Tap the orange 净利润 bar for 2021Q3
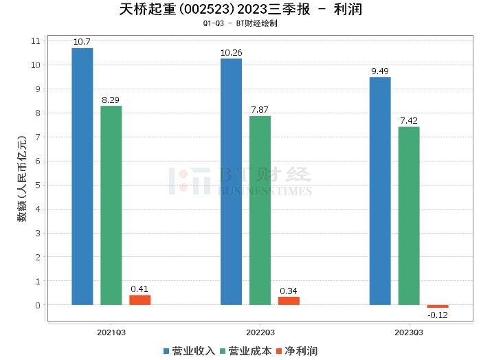[139, 300]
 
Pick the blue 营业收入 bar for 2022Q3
[231, 181]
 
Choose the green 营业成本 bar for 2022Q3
[260, 210]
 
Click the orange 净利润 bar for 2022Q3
[289, 300]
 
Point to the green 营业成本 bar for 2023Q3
[409, 216]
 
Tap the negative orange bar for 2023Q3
[437, 306]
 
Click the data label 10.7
[82, 42]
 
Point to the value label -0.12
[437, 315]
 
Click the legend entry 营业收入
[189, 351]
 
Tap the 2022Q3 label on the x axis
[260, 331]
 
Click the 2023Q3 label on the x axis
[409, 331]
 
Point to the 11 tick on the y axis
[36, 41]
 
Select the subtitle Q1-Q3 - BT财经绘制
[240, 24]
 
